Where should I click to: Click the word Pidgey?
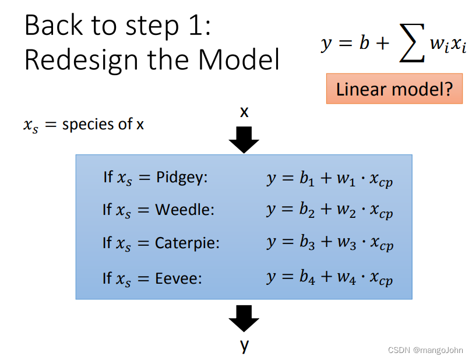(182, 178)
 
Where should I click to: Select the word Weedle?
(185, 210)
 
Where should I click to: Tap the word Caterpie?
(187, 243)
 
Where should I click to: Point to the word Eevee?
(178, 278)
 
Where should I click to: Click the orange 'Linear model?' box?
(394, 89)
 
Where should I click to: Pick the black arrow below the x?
(244, 139)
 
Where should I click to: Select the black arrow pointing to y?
(244, 319)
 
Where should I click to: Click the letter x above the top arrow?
(244, 112)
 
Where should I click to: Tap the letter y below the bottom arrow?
(244, 345)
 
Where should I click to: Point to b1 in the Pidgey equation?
(307, 179)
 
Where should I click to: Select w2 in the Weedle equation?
(346, 210)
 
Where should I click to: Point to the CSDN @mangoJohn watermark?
(425, 350)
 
